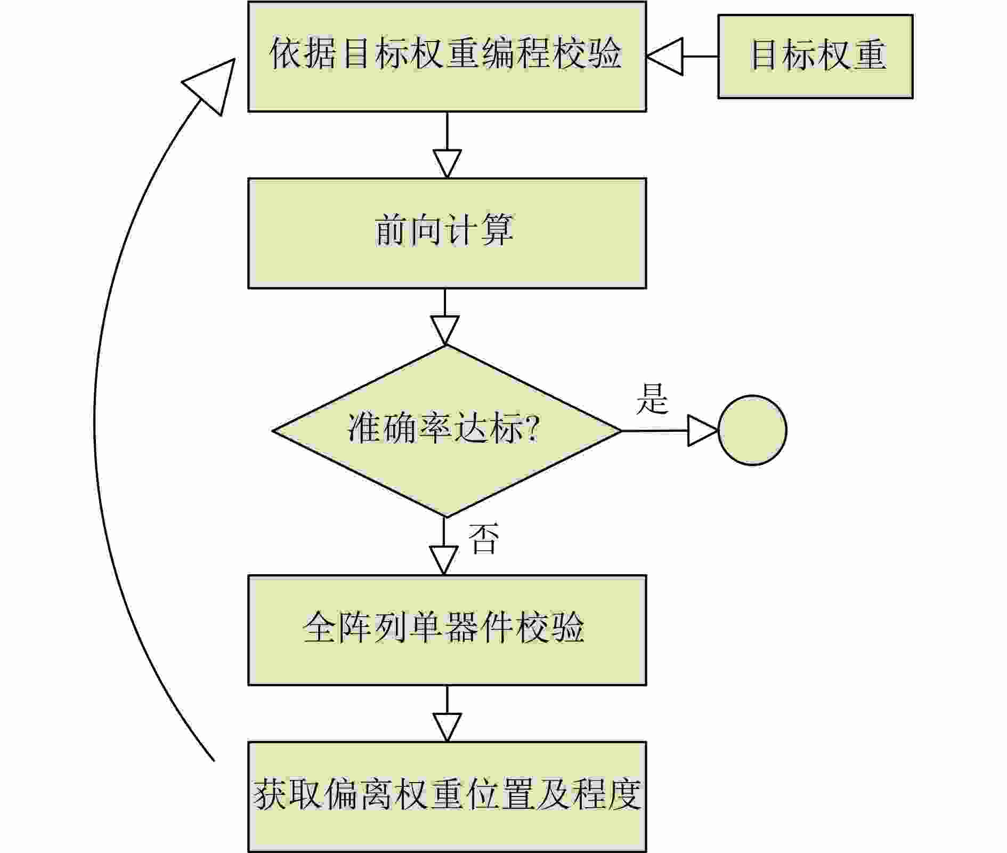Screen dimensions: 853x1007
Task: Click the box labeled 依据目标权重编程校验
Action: pyautogui.click(x=446, y=56)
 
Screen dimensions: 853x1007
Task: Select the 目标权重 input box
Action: pyautogui.click(x=815, y=56)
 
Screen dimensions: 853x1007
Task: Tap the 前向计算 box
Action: pyautogui.click(x=446, y=233)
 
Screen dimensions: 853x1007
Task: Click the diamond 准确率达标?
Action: pyautogui.click(x=446, y=431)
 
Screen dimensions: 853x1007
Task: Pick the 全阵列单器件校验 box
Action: pyautogui.click(x=446, y=630)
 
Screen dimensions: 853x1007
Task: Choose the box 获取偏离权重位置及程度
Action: pyautogui.click(x=446, y=796)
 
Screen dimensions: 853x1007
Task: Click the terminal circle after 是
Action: pyautogui.click(x=752, y=430)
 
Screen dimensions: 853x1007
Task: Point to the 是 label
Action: pyautogui.click(x=652, y=398)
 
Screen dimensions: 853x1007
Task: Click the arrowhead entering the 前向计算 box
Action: pyautogui.click(x=447, y=164)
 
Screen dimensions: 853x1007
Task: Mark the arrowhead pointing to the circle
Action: pyautogui.click(x=703, y=430)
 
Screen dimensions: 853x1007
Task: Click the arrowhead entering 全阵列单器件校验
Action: pyautogui.click(x=444, y=560)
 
